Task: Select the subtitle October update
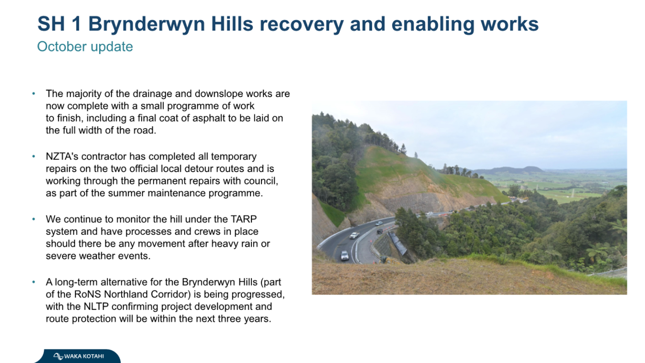click(x=85, y=47)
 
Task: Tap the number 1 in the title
click(x=76, y=23)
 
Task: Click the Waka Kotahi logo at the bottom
click(x=79, y=356)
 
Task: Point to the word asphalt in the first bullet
click(x=209, y=118)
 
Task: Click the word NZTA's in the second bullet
click(x=62, y=156)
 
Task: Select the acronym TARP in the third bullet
click(x=243, y=219)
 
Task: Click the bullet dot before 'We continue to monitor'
click(x=34, y=219)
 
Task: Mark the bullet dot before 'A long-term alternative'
click(x=34, y=282)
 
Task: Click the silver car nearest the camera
click(x=345, y=255)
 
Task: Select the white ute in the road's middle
click(x=354, y=235)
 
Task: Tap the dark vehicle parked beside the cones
click(x=380, y=231)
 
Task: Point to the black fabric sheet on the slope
click(x=397, y=243)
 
